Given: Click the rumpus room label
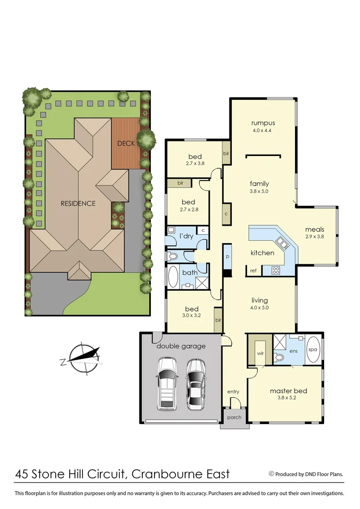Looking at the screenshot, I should (262, 123).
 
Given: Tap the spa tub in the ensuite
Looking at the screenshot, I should (312, 350).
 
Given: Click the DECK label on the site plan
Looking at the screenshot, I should (126, 143).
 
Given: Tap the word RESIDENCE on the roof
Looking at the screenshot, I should (78, 204).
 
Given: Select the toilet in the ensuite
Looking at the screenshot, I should (280, 358).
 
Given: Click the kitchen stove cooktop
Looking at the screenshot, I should (276, 270).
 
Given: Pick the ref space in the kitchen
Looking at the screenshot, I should (253, 271).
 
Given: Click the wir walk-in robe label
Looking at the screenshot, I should (260, 353).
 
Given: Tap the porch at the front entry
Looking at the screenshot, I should (234, 418).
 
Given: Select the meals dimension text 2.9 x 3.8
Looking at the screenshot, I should (314, 237).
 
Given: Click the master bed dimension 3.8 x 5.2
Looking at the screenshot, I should (288, 397).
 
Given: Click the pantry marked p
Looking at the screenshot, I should (228, 257).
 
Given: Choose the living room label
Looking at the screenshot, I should (260, 300).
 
